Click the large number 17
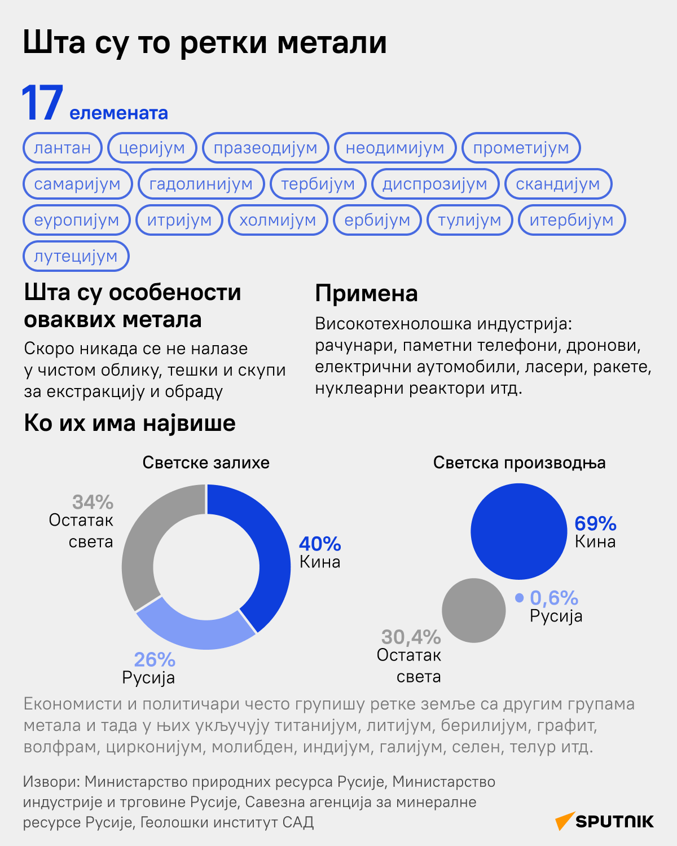click(42, 104)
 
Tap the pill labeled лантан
click(62, 148)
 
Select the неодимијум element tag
click(395, 148)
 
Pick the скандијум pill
click(558, 184)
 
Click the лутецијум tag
click(76, 256)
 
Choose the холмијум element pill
click(278, 220)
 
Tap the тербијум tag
click(318, 184)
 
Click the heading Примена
click(366, 293)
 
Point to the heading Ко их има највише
click(130, 423)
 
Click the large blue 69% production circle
click(518, 531)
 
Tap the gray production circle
click(474, 610)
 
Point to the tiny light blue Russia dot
click(519, 598)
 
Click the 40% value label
click(320, 544)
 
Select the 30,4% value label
click(411, 637)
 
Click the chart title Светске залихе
click(206, 463)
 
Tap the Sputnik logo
click(605, 821)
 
